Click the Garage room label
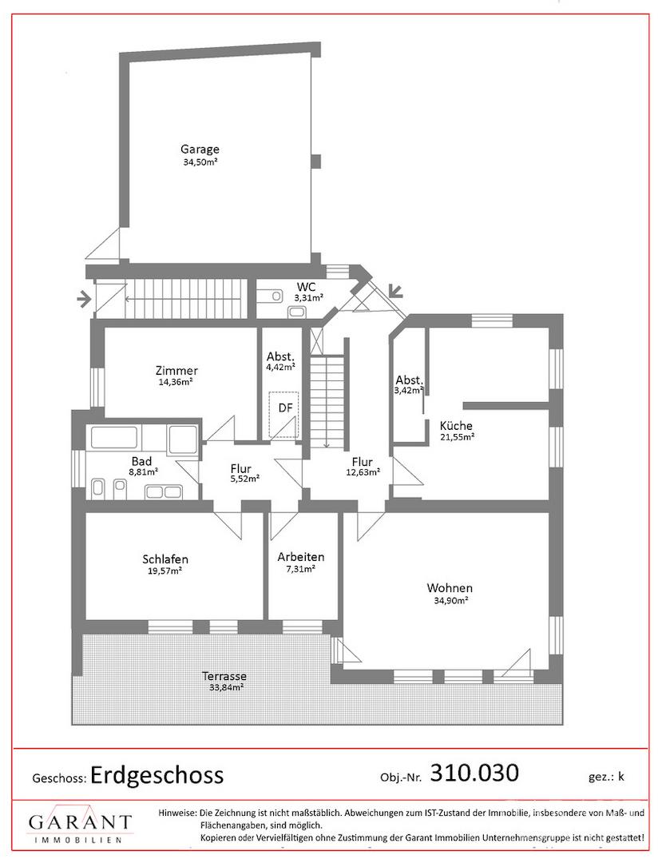coord(200,149)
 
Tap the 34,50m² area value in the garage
coord(200,161)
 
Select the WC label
coord(306,287)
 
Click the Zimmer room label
coord(176,371)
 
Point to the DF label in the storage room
coord(285,408)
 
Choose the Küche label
coord(456,425)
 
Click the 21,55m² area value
coord(457,438)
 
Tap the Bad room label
coord(141,461)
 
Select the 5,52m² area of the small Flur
coord(244,479)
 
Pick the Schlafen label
coord(165,559)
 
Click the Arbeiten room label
coord(301,557)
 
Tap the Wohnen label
coord(450,588)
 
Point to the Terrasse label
coord(224,676)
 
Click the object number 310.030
coord(474,773)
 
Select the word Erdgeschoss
coord(157,775)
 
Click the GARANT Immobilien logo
coord(80,828)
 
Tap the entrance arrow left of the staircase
coord(85,300)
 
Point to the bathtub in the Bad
coord(115,437)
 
